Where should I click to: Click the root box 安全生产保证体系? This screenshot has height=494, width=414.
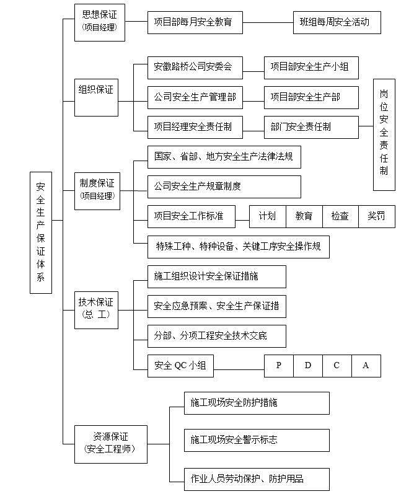[40, 231]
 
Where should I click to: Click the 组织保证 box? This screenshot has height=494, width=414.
[96, 90]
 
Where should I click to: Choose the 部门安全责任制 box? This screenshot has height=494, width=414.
[310, 127]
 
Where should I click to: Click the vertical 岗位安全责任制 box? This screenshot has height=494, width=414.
[384, 135]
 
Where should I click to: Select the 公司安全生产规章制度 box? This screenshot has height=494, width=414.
[224, 187]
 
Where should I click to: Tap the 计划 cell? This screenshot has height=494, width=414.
[268, 216]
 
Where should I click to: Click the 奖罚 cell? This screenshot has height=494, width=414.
[376, 216]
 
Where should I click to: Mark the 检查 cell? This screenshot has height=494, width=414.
[340, 216]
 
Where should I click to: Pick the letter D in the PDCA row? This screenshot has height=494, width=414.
[308, 366]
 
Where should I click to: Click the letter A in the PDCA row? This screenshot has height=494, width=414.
[366, 366]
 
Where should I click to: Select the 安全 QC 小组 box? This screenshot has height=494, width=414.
[180, 366]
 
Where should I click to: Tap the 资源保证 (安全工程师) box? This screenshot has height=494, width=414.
[111, 444]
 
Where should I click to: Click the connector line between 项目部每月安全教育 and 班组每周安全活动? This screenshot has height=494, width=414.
[268, 22]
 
